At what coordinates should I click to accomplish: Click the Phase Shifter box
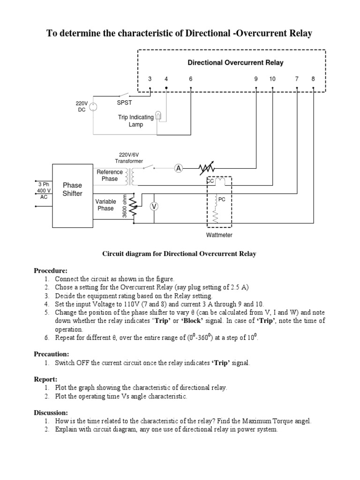(x=72, y=190)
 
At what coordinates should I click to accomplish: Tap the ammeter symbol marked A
(x=178, y=168)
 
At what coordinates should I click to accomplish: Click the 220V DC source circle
(x=93, y=106)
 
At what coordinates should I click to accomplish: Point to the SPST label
(x=124, y=103)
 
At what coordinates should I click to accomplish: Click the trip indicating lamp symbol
(x=159, y=116)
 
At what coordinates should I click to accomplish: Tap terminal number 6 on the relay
(x=191, y=79)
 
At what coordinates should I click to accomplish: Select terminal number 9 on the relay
(x=256, y=79)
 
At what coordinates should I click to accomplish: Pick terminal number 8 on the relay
(x=313, y=79)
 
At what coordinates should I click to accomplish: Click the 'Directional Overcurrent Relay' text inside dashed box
(x=235, y=62)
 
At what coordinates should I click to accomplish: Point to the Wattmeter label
(x=219, y=235)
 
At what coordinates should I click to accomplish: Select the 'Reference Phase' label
(x=110, y=175)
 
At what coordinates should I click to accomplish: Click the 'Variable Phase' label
(x=105, y=205)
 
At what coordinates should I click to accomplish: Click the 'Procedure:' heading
(x=51, y=271)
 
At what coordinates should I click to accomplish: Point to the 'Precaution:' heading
(x=52, y=354)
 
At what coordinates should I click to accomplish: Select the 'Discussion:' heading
(x=51, y=412)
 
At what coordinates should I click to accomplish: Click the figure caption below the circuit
(x=180, y=254)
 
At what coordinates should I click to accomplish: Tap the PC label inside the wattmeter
(x=222, y=199)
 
